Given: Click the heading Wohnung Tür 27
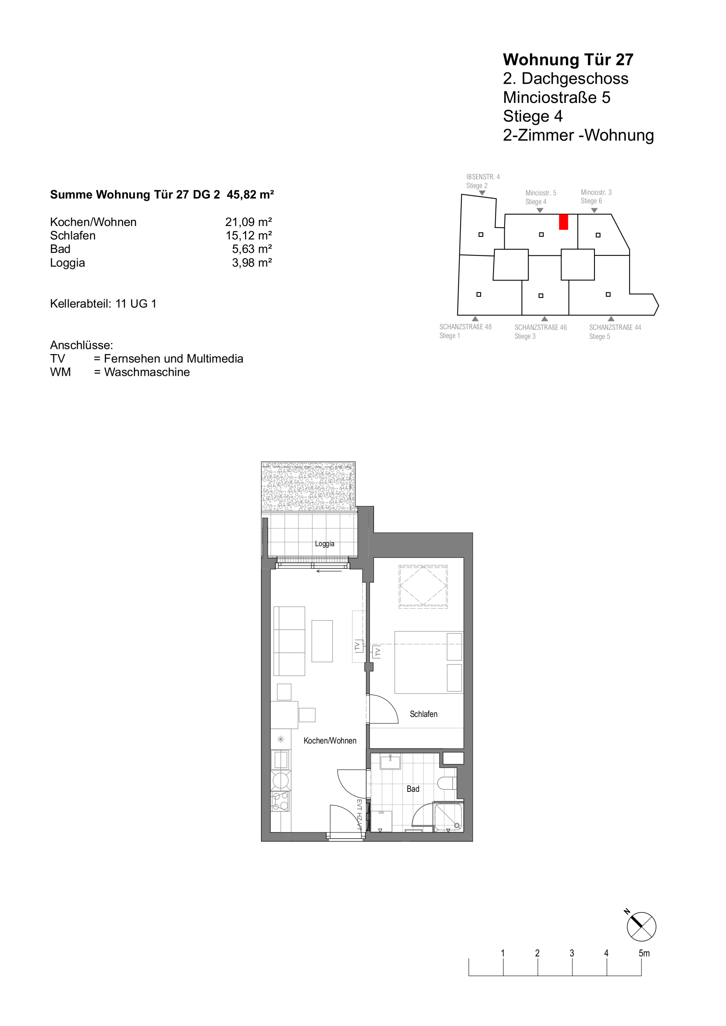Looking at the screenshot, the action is point(568,60).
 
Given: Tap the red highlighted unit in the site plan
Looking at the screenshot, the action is point(563,222).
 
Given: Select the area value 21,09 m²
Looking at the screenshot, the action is point(248,222).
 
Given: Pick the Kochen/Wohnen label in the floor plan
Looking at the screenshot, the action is point(330,741).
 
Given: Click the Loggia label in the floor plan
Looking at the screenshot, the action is point(324,544).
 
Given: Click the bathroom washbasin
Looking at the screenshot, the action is point(390,762).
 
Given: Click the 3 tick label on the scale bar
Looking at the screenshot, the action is point(572,953).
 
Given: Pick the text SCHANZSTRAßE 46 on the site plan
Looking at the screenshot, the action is point(541,327).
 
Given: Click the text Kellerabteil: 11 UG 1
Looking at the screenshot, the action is point(103,304).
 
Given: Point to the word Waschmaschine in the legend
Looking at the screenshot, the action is point(147,372).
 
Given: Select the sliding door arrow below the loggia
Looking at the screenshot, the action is point(329,571).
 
